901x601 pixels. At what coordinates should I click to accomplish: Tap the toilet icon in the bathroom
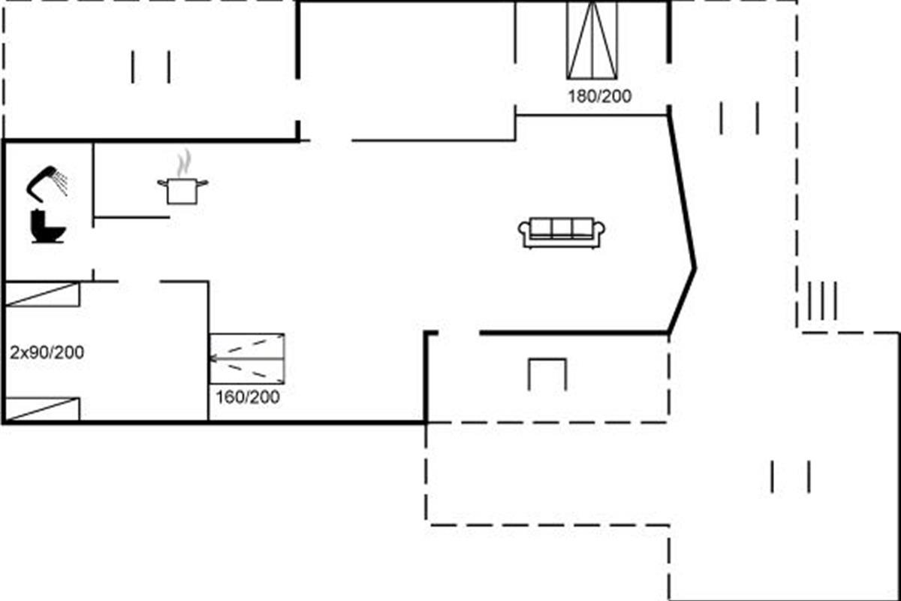pos(48,226)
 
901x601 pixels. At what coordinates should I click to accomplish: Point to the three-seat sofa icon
pos(562,233)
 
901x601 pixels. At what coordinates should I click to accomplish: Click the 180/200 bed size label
pos(599,96)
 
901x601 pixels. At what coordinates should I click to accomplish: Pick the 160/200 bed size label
pos(247,397)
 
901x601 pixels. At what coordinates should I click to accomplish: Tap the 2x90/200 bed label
pos(47,352)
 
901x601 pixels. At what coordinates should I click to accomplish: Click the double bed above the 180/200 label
pos(592,40)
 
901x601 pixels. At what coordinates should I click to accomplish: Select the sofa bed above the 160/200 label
pos(246,358)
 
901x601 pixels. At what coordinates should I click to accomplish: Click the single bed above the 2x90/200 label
pos(42,294)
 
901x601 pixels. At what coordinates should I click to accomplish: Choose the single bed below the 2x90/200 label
pos(42,409)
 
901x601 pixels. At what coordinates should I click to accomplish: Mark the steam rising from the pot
pos(184,162)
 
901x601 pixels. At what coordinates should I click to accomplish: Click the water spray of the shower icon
pos(62,183)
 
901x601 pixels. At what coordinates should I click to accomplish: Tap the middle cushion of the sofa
pos(562,228)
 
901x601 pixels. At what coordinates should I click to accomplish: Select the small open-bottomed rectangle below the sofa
pos(547,374)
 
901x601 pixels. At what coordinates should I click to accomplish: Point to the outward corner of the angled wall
pos(695,267)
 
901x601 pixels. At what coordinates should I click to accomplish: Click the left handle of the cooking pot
pos(161,183)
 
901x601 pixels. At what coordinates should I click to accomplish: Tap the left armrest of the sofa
pos(523,234)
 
